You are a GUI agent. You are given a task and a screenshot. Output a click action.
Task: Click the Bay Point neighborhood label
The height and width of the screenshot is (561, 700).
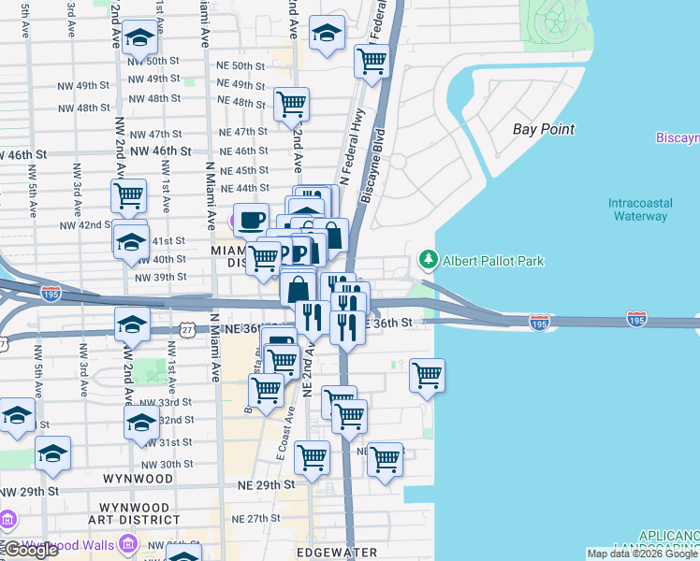tap(544, 129)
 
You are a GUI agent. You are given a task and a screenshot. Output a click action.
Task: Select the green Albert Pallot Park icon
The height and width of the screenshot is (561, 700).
tap(428, 259)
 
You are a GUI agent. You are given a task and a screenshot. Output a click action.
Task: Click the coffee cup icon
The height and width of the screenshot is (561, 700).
tap(251, 221)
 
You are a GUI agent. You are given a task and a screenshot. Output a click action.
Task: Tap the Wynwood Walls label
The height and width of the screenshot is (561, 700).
tap(62, 545)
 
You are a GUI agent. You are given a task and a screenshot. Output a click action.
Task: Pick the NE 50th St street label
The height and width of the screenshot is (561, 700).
tap(235, 66)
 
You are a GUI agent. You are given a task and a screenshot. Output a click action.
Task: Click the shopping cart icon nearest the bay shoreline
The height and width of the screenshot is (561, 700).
tap(427, 375)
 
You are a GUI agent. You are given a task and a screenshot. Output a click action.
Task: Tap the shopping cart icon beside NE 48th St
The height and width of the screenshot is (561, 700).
tap(292, 103)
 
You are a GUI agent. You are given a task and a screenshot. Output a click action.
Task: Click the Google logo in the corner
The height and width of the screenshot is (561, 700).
tap(30, 550)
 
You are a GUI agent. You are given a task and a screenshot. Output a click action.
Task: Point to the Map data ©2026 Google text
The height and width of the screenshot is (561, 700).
tap(642, 554)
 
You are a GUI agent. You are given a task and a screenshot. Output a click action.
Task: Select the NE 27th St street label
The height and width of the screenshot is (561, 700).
tap(256, 518)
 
